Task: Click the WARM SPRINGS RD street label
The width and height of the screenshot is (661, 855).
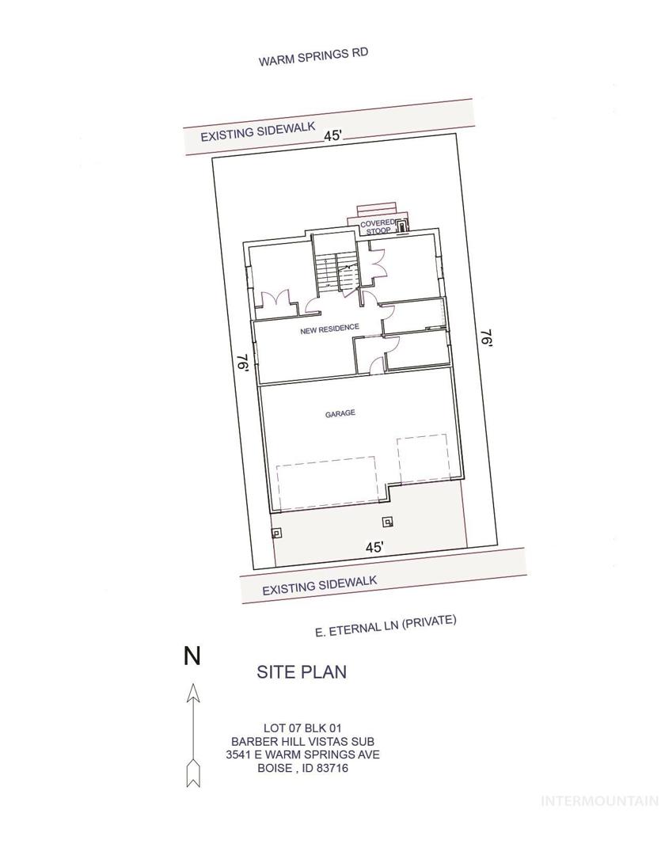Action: [313, 57]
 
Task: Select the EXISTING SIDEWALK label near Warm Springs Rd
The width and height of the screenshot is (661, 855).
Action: [258, 131]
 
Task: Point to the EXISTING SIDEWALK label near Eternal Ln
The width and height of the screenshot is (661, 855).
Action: [320, 585]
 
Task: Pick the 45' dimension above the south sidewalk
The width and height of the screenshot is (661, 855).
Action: [374, 547]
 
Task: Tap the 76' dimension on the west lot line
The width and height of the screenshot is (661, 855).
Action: [243, 363]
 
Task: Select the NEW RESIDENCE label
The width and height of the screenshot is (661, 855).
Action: [330, 329]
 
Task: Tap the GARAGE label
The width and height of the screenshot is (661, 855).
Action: [340, 413]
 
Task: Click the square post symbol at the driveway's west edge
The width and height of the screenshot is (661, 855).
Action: [276, 532]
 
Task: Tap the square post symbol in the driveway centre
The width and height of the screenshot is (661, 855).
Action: [389, 522]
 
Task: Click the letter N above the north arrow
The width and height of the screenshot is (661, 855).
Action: [192, 655]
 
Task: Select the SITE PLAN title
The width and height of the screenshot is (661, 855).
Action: [302, 672]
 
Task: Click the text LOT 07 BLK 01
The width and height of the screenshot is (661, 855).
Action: [302, 728]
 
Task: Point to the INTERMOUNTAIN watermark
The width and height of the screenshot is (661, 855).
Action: [600, 801]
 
